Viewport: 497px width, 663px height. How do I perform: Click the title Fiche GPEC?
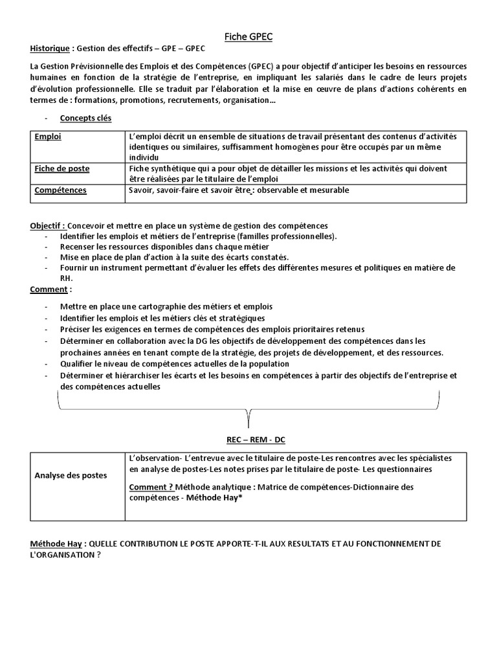point(248,37)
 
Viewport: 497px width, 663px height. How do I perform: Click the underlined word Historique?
point(50,49)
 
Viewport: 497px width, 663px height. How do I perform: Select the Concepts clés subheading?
point(85,118)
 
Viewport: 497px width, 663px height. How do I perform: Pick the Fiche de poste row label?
point(61,168)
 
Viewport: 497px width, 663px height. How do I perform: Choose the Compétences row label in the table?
point(60,190)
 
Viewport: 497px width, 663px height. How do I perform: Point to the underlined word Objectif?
point(47,225)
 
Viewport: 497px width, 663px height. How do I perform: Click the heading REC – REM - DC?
point(255,439)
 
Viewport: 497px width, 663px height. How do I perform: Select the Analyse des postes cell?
point(71,475)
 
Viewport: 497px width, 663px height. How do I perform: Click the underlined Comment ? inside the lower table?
point(151,486)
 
